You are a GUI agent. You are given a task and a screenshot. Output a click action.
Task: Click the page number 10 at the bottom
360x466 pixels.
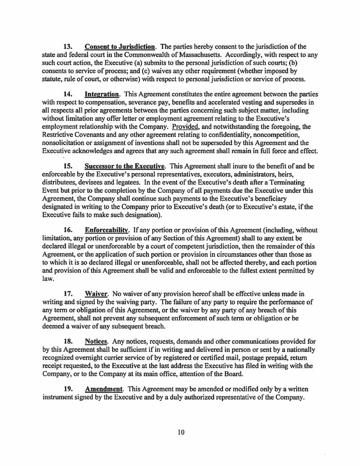(181, 433)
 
